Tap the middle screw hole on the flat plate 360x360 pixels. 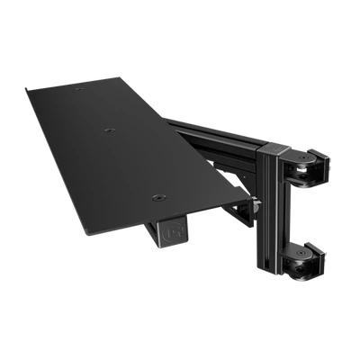[x=109, y=131]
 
